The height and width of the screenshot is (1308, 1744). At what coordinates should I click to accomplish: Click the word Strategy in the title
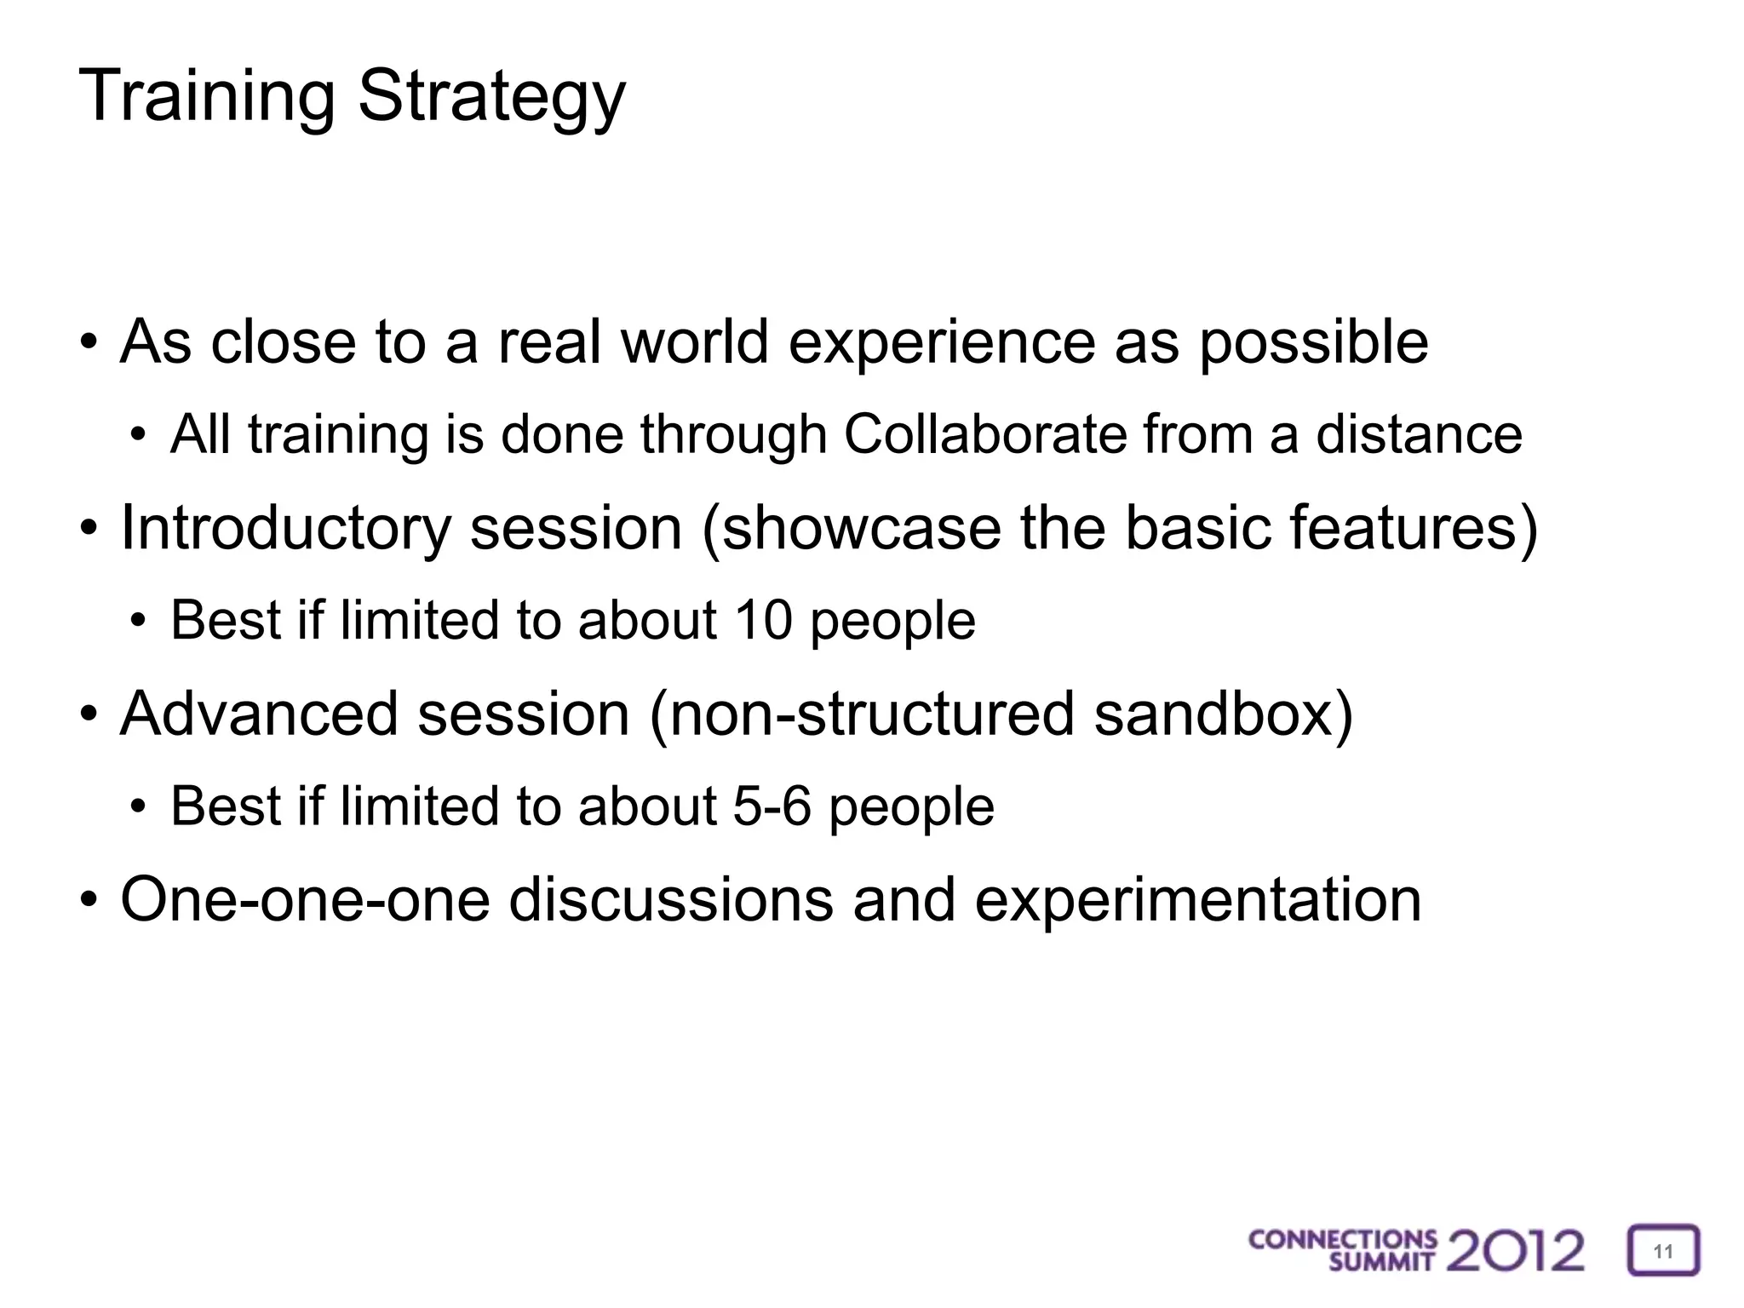(x=491, y=96)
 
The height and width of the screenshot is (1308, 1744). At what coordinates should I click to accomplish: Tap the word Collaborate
(x=984, y=434)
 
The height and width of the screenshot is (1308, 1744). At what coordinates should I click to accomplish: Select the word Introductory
(x=285, y=528)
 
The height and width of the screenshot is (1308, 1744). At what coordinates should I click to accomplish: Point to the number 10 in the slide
(x=763, y=620)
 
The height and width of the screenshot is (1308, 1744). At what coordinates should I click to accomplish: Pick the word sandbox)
(x=1224, y=714)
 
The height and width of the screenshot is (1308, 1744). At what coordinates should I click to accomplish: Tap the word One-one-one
(x=305, y=899)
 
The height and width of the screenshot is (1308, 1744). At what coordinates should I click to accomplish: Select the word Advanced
(x=259, y=714)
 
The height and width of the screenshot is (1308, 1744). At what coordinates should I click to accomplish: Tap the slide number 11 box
(x=1663, y=1251)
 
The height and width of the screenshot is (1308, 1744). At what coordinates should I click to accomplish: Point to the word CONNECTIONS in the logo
(x=1342, y=1240)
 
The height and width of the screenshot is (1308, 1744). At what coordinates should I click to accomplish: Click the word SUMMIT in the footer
(x=1381, y=1261)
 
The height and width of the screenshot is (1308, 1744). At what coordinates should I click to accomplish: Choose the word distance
(x=1419, y=434)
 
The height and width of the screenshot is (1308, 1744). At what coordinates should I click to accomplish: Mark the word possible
(x=1314, y=342)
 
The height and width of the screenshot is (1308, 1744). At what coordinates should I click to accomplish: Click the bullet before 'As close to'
(x=88, y=344)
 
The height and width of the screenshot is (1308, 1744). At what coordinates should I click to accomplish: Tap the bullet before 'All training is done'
(x=138, y=436)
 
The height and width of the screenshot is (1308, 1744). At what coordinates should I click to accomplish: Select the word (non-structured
(x=861, y=714)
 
